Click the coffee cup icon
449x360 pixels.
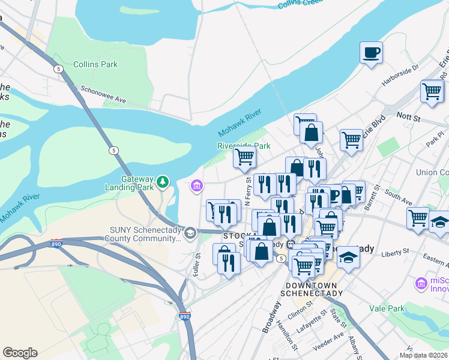tap(371, 52)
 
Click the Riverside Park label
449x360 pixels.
tap(244, 146)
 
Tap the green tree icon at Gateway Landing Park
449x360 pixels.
tap(161, 181)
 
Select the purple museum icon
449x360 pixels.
tap(196, 187)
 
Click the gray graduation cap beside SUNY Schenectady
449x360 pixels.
tap(190, 233)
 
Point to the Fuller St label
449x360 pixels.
tap(196, 263)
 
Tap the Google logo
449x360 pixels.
tap(20, 353)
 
